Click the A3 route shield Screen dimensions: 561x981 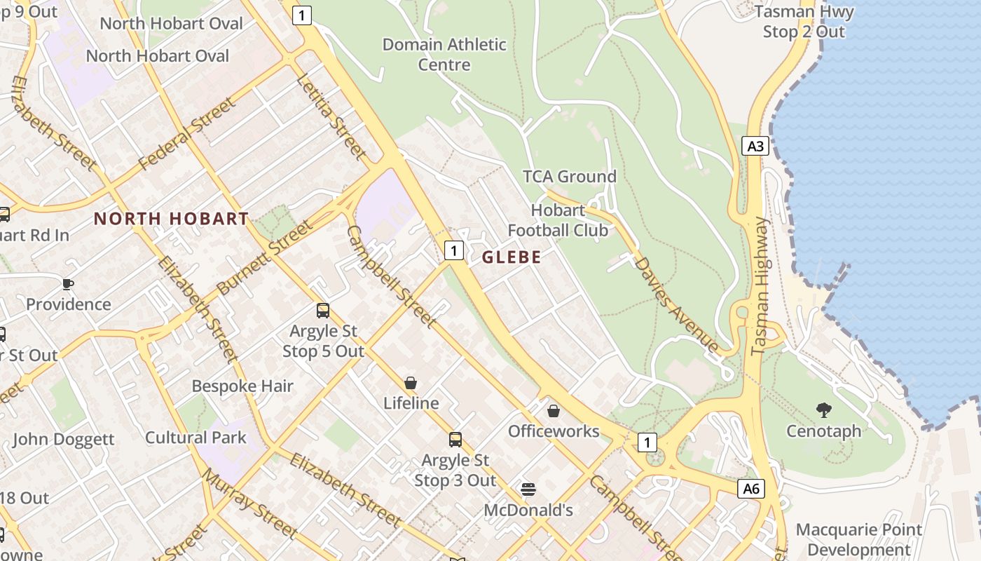(x=755, y=146)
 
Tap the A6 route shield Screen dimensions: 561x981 (x=750, y=489)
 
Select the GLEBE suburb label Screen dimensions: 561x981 (x=512, y=257)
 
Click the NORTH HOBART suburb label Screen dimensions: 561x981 (x=172, y=219)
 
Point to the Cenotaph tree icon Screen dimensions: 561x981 (x=824, y=410)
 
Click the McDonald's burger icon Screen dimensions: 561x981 (x=528, y=489)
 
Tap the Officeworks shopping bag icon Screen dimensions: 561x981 (x=554, y=411)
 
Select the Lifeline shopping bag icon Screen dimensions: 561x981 (x=411, y=383)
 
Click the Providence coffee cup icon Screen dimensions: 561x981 (x=68, y=284)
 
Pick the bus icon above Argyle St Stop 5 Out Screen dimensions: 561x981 (x=323, y=310)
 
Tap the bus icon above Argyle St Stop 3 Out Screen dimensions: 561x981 (x=455, y=440)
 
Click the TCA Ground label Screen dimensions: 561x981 (x=570, y=177)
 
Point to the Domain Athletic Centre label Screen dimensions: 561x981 (x=444, y=55)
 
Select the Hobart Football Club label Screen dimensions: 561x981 (x=558, y=220)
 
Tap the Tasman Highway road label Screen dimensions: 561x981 (x=760, y=286)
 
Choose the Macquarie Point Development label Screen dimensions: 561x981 (x=859, y=539)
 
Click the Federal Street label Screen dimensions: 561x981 (x=187, y=134)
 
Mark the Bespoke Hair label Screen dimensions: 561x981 (x=242, y=386)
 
